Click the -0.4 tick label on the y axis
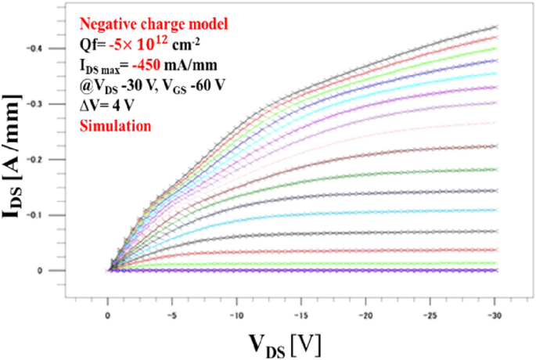tap(54, 49)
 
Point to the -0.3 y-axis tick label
tap(54, 104)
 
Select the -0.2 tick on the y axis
tap(54, 160)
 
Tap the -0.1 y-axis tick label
tap(54, 215)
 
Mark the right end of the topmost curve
tap(495, 27)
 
